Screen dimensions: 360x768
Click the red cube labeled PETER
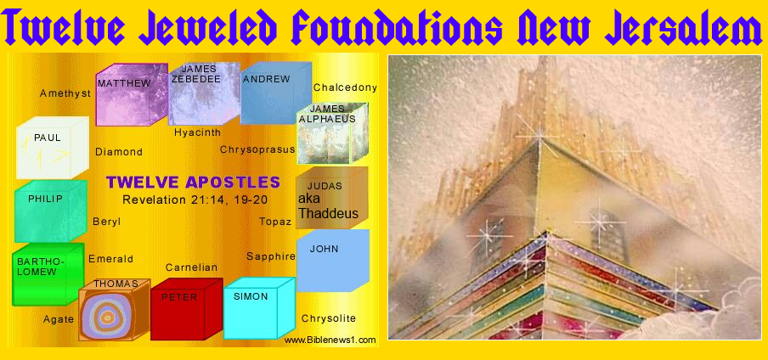point(184,309)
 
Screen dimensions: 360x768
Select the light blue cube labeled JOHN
point(331,262)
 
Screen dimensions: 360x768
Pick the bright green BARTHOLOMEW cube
point(47,274)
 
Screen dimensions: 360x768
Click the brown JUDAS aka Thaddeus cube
point(330,198)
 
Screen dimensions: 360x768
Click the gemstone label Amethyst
point(65,94)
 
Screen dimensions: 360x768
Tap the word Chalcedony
point(345,87)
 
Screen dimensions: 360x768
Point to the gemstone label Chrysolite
point(328,318)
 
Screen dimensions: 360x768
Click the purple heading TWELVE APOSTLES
point(193,182)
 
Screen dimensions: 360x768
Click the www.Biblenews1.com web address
point(330,340)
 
